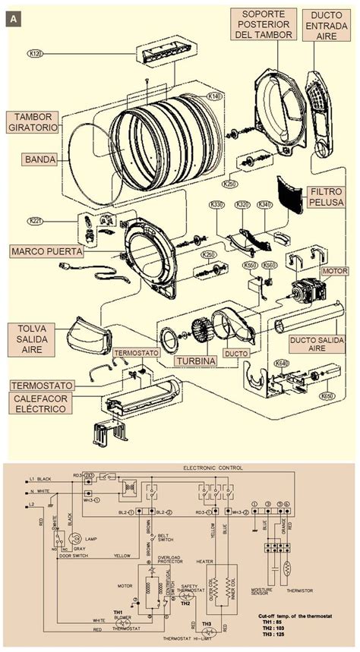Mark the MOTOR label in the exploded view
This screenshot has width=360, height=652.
(x=335, y=271)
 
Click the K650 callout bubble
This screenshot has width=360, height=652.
(x=327, y=395)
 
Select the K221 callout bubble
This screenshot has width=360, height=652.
(x=35, y=221)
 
